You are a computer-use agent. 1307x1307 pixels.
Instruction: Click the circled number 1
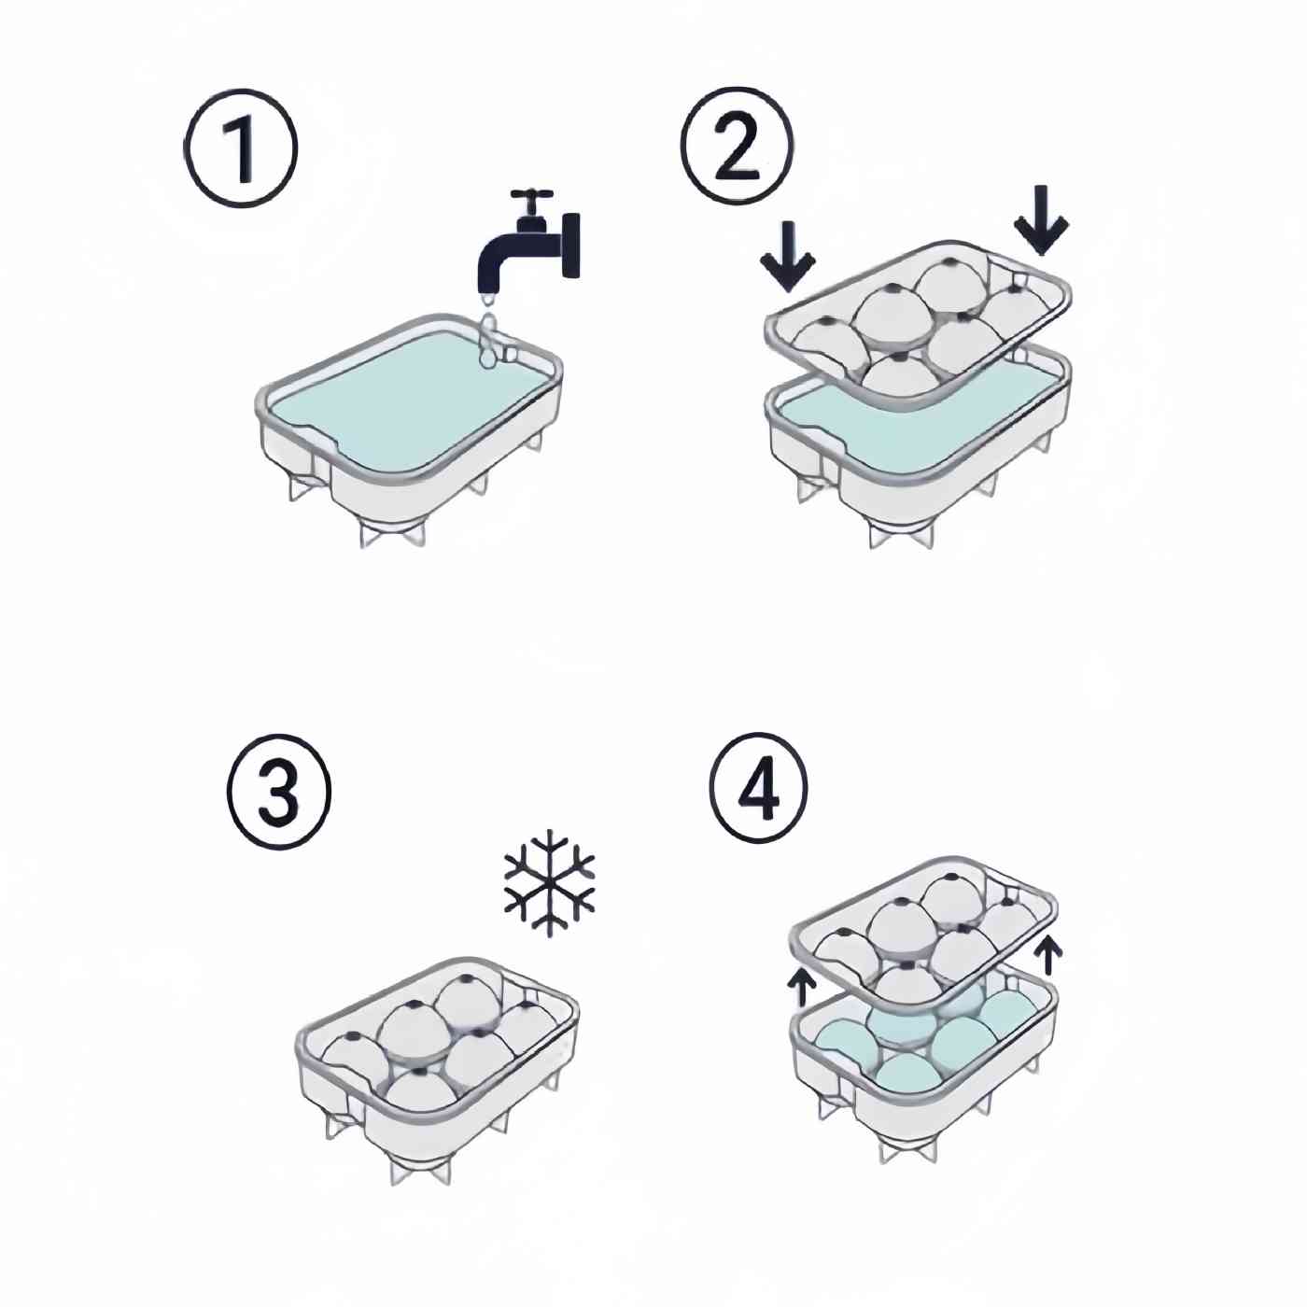pyautogui.click(x=241, y=148)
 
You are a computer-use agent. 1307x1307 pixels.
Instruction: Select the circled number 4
pyautogui.click(x=759, y=789)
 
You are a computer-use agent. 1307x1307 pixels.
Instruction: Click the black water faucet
pyautogui.click(x=528, y=245)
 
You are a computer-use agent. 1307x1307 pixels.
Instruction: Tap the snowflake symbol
pyautogui.click(x=549, y=880)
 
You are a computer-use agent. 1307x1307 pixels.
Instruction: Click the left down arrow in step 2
pyautogui.click(x=787, y=257)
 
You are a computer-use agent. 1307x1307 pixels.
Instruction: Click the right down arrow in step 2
pyautogui.click(x=1042, y=220)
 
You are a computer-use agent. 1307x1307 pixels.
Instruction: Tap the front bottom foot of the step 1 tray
pyautogui.click(x=391, y=532)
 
